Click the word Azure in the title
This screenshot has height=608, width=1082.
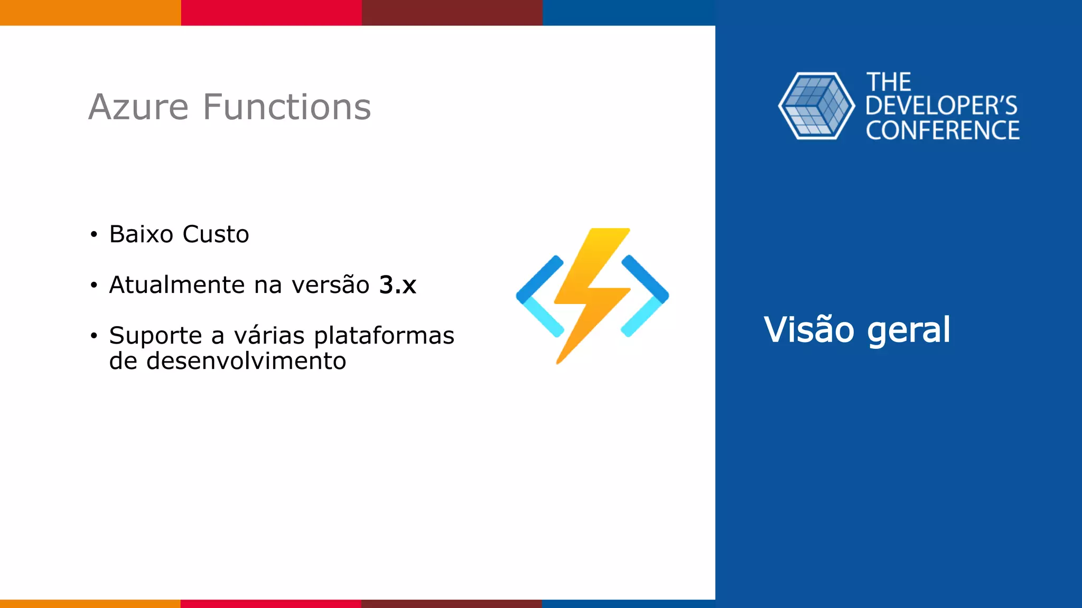138,107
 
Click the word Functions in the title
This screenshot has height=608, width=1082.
287,107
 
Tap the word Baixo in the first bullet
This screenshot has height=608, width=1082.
141,234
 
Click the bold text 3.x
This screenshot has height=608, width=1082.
397,285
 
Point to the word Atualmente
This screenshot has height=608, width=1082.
177,285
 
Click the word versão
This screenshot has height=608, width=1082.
330,285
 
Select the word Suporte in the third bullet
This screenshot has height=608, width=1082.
155,336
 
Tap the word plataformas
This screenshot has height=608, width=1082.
384,336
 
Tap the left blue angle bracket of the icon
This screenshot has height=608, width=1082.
539,296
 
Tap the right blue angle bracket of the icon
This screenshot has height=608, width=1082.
646,296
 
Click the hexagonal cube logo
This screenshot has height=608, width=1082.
816,106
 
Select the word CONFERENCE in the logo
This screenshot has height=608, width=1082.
942,131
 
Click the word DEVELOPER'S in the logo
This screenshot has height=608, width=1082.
941,106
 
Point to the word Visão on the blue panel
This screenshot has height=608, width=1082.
808,330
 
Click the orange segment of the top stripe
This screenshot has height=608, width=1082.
90,12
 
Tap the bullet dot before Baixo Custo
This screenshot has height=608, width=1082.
94,235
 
